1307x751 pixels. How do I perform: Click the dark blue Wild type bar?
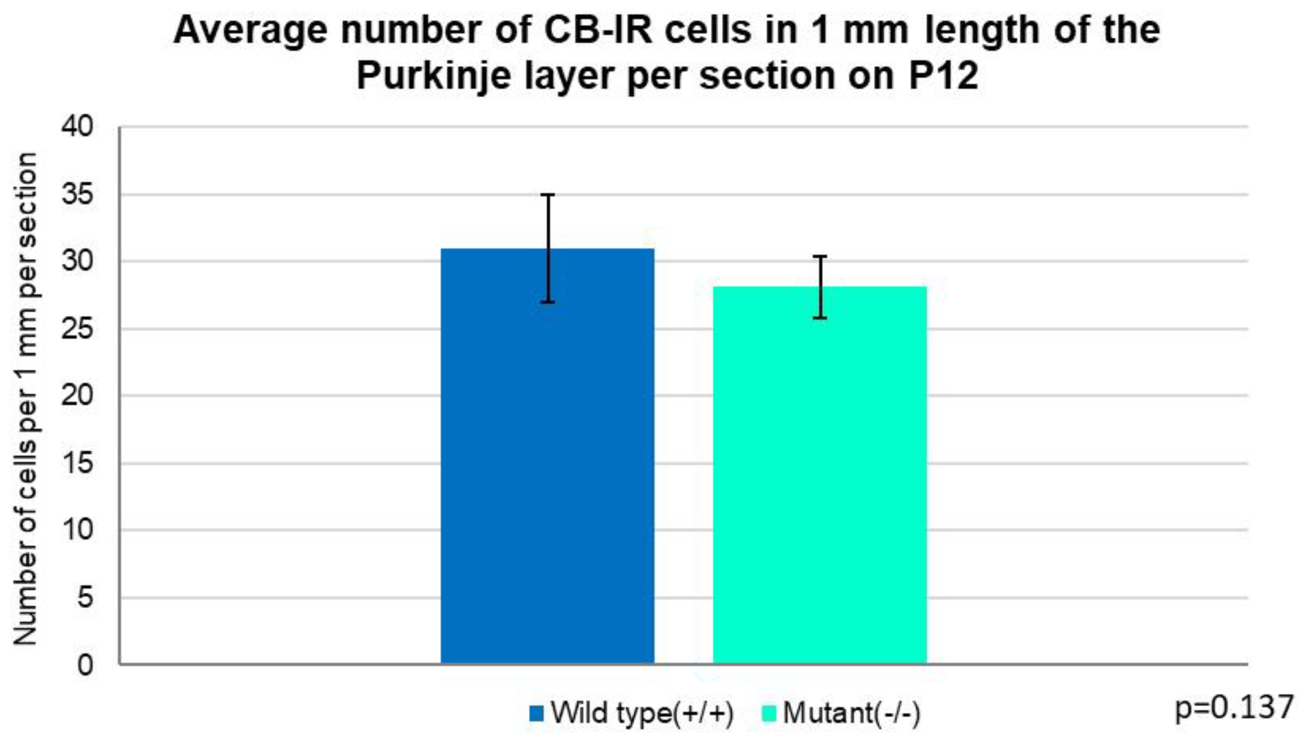[547, 464]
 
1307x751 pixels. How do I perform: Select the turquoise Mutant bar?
[820, 480]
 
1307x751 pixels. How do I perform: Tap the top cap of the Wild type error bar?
[547, 195]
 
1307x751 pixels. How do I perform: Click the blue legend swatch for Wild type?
[536, 714]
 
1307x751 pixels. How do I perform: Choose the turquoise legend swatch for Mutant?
[769, 714]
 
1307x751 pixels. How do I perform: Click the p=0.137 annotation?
[1234, 708]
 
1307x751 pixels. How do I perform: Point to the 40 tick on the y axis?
[78, 126]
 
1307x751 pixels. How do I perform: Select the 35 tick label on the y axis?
[78, 194]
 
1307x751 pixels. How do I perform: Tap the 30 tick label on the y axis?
[78, 261]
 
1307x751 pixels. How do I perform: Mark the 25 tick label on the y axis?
[78, 329]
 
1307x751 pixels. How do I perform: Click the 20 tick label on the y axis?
[78, 396]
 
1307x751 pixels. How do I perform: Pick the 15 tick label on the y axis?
[78, 463]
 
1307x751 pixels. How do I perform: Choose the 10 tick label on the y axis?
[78, 530]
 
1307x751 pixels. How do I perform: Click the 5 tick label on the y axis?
[85, 598]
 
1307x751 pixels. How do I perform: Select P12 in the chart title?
[942, 75]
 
